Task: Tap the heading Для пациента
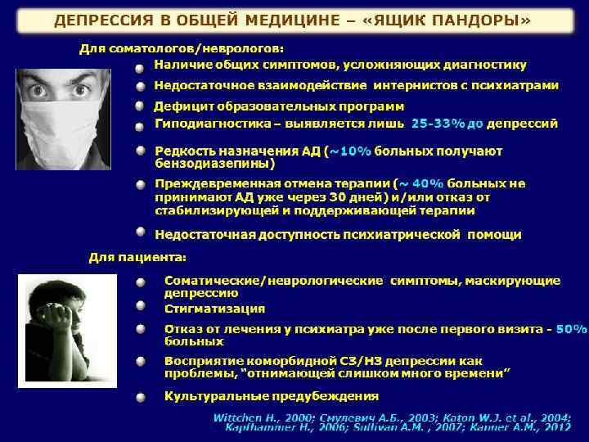pos(137,258)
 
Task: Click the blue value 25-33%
pos(437,124)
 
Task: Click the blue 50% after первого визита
pos(571,329)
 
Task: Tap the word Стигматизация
pos(214,309)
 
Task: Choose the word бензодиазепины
pos(212,163)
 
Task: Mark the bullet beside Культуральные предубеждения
pos(142,397)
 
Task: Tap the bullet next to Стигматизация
pos(142,308)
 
